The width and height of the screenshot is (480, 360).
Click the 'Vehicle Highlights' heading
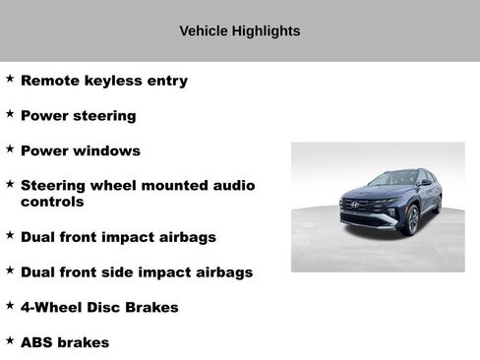click(240, 31)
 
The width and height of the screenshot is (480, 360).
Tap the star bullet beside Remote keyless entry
click(10, 78)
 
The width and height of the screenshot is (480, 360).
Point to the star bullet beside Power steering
click(10, 113)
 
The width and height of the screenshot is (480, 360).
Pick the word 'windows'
click(104, 150)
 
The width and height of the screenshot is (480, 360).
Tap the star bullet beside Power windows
click(10, 149)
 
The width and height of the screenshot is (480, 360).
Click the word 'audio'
click(232, 185)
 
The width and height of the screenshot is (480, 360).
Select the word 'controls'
click(52, 202)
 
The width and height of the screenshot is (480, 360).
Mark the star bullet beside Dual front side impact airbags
click(10, 269)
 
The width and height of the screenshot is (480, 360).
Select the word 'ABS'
click(36, 342)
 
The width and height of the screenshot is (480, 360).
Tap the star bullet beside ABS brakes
click(10, 339)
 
